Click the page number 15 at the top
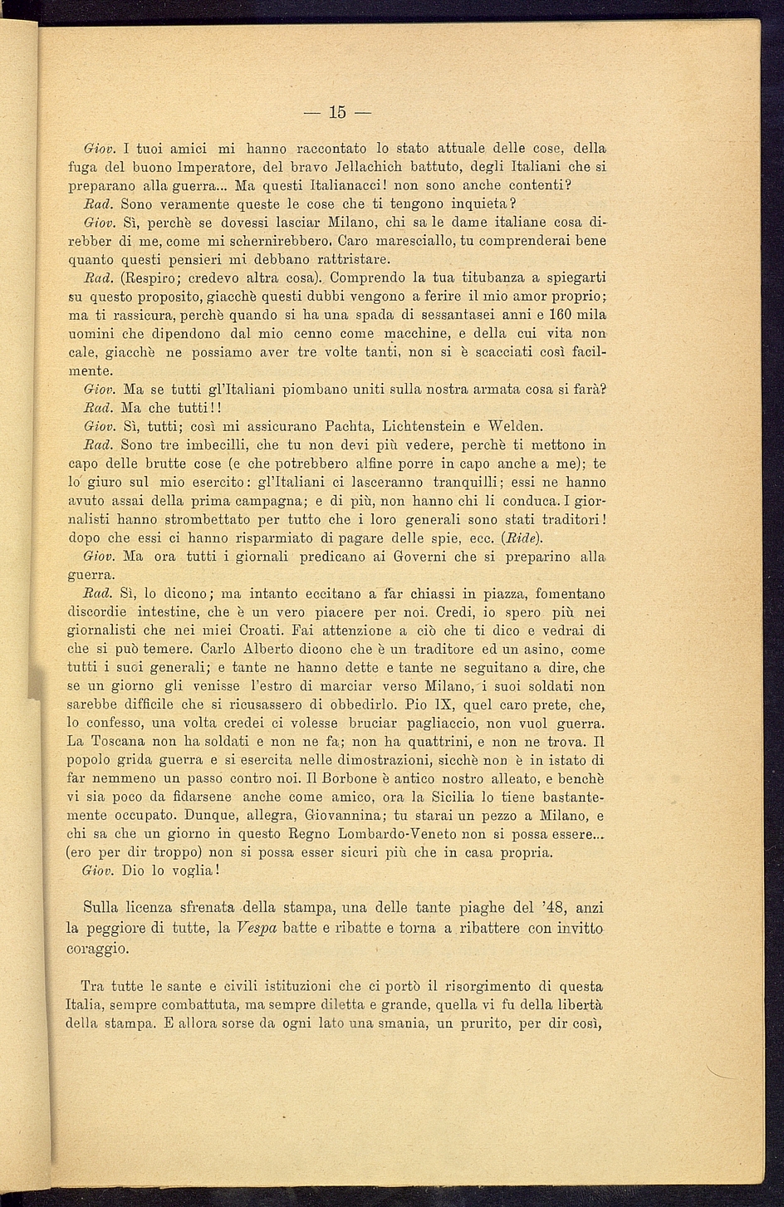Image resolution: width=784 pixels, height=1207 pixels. click(x=337, y=112)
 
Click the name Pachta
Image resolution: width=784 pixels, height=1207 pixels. click(x=350, y=427)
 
